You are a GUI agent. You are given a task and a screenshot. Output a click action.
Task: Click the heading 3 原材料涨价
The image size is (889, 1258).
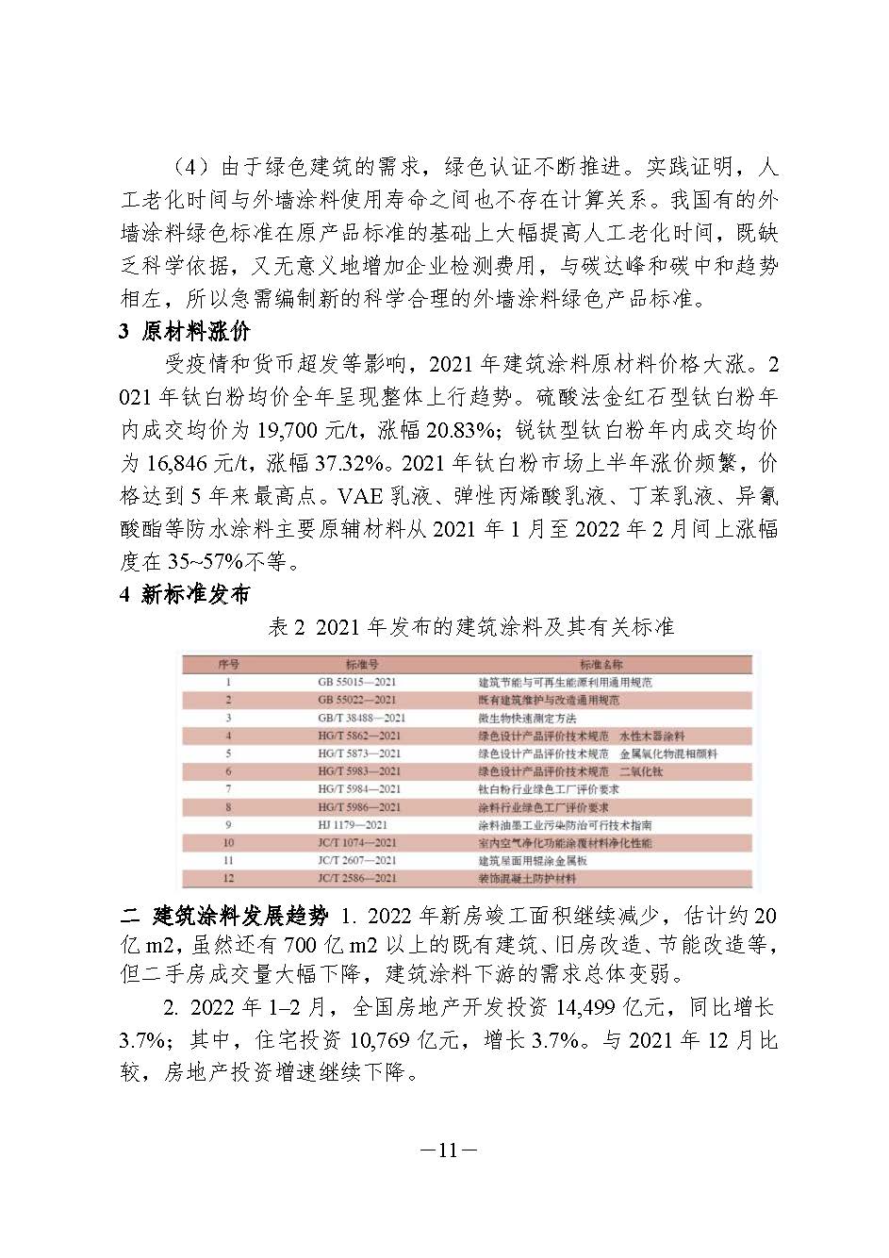coord(185,332)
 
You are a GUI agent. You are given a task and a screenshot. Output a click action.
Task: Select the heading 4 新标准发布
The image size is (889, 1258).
coord(185,595)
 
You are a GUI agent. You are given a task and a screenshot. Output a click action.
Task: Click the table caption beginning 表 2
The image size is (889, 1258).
coord(471,627)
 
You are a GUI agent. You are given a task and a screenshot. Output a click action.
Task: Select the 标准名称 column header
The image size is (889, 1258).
coord(601,665)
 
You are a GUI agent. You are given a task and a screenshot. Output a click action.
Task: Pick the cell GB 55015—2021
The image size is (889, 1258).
coord(357,682)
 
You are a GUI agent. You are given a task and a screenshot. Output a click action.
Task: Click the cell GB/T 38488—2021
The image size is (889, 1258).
coord(361,718)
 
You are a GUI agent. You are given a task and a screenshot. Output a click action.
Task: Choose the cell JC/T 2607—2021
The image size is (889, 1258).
coord(357,860)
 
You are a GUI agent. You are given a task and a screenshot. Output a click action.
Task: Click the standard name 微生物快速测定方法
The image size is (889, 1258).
coord(527,718)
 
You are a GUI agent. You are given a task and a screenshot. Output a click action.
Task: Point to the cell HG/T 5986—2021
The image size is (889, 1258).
coord(359,807)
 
